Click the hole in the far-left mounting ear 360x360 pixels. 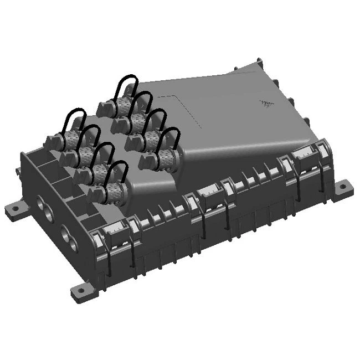click(x=15, y=209)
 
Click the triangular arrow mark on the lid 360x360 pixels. click(x=267, y=104)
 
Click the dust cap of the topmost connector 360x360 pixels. click(x=105, y=109)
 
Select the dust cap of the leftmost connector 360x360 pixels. click(x=53, y=142)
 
